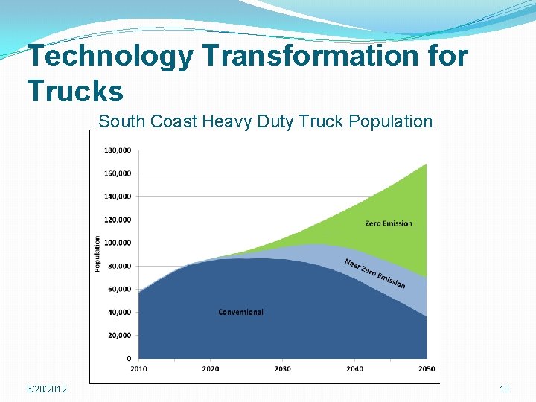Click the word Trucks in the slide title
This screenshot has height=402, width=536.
coord(75,91)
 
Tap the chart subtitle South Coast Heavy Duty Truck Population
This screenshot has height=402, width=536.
coord(265,121)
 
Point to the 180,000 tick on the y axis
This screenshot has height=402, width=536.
coord(118,150)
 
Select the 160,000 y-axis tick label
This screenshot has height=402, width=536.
coord(118,173)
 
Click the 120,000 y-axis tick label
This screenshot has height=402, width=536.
coord(118,220)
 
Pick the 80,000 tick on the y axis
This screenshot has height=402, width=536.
coord(120,266)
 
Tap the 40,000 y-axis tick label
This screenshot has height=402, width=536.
coord(120,312)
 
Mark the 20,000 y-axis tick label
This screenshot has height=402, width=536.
coord(120,335)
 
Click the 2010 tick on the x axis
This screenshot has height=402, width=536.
coord(139,368)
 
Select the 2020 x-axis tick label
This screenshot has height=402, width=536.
coord(211,368)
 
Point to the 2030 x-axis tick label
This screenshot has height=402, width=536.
coord(283,368)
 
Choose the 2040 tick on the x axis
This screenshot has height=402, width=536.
coord(354,368)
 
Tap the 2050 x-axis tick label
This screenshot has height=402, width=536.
coord(427,368)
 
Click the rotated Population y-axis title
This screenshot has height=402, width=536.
coord(97,254)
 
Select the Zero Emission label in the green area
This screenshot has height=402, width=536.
coord(388,223)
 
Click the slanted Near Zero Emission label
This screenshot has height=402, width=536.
coord(374,273)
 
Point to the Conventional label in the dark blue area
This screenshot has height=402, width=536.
coord(240,312)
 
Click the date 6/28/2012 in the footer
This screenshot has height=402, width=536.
coord(46,389)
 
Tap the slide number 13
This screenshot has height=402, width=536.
coord(504,389)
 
